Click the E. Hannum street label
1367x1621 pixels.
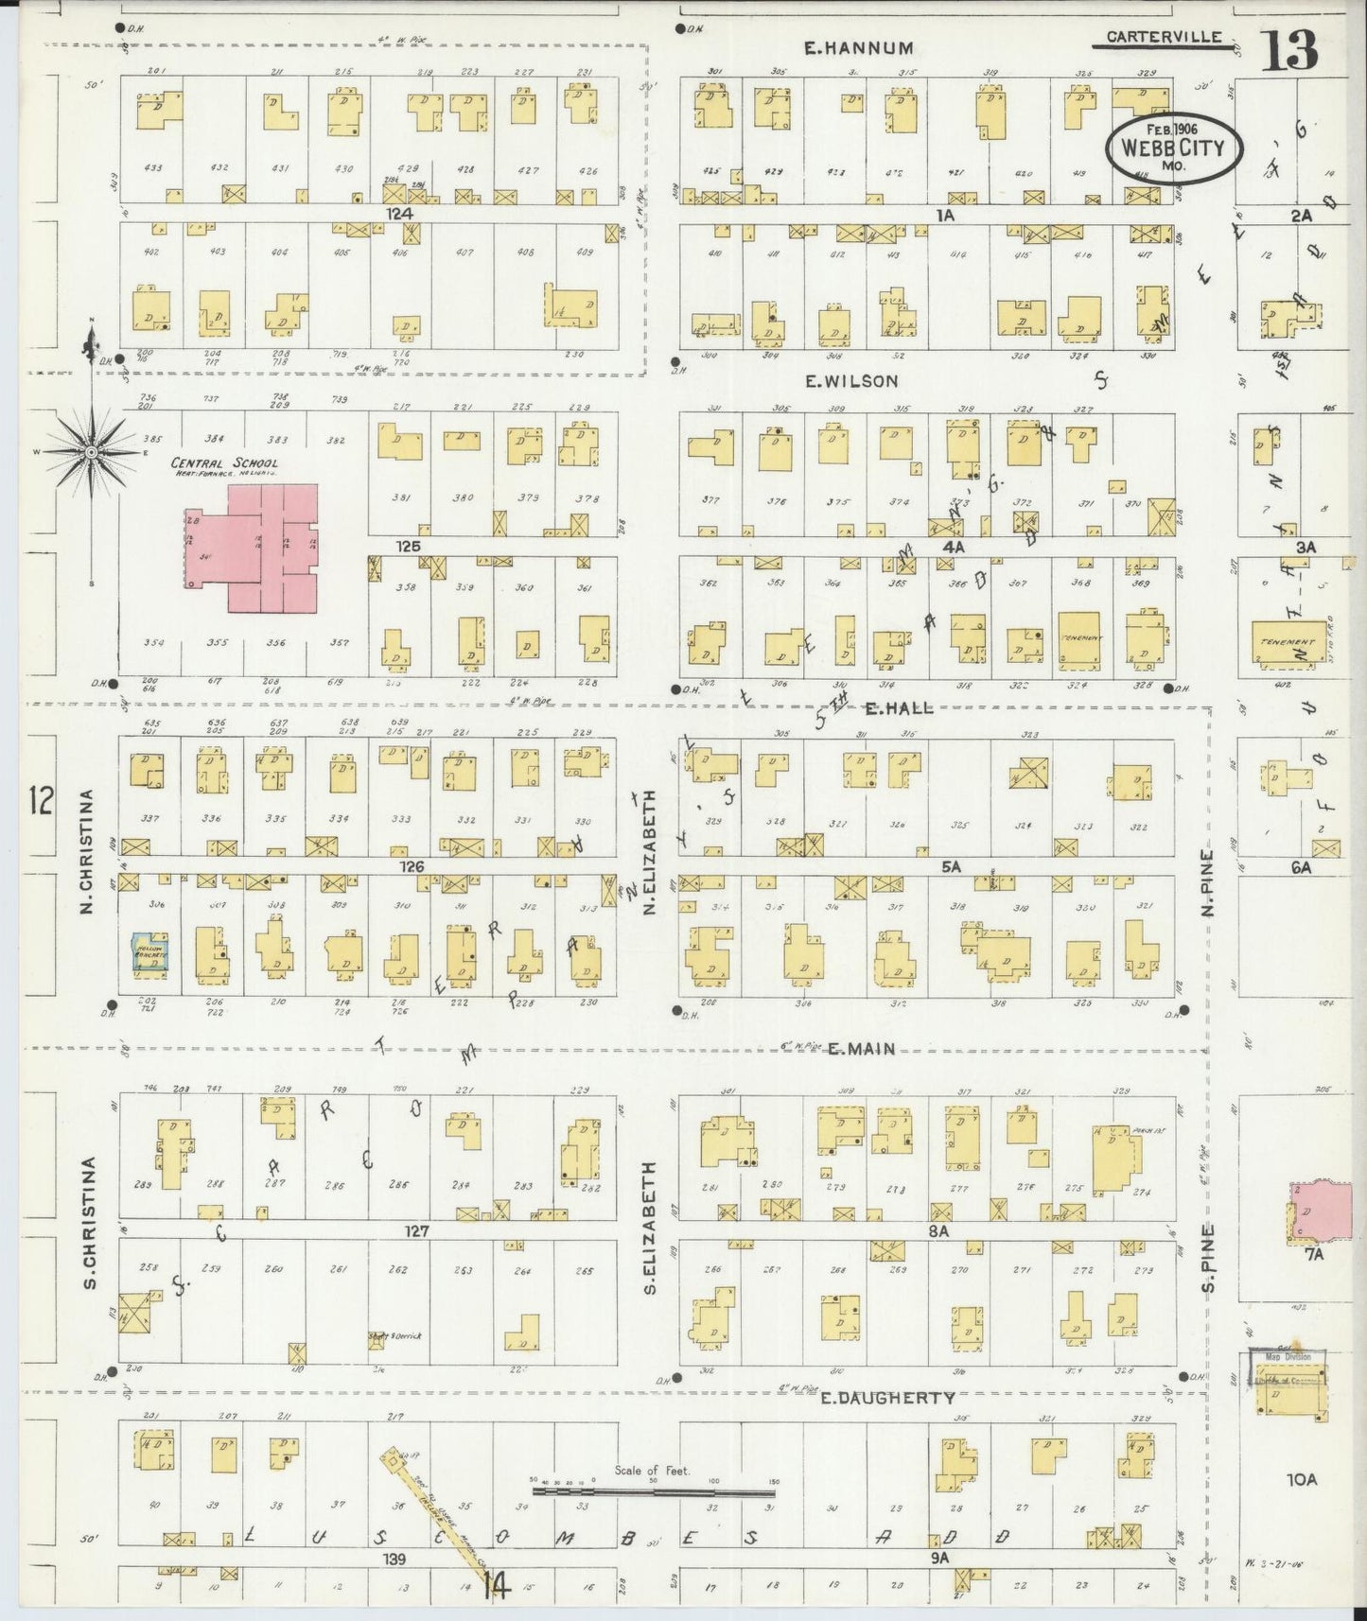tap(859, 48)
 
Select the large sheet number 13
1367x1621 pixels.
tap(1288, 50)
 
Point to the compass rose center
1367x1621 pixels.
tap(92, 453)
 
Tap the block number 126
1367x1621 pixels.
tap(412, 865)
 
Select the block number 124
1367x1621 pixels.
tap(399, 215)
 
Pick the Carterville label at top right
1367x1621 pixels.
tap(1168, 39)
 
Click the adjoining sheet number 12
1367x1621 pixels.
tap(41, 800)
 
